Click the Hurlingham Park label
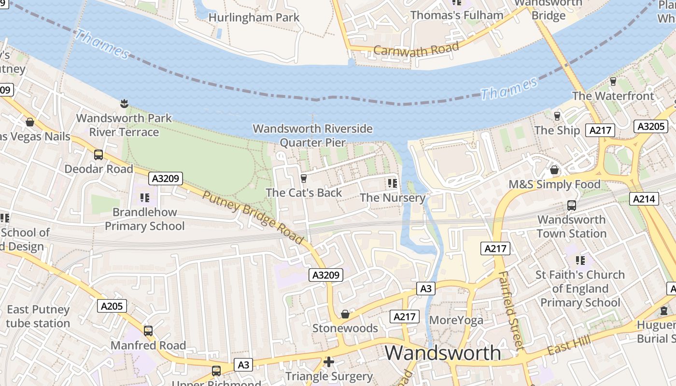[x=254, y=17]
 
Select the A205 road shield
[x=112, y=305]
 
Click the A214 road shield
[x=644, y=198]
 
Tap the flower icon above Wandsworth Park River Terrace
[x=124, y=103]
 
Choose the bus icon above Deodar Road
[x=99, y=154]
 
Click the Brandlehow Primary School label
[x=145, y=219]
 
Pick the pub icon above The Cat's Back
[x=304, y=179]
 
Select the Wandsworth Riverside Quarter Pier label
[x=313, y=136]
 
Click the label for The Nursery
[x=393, y=198]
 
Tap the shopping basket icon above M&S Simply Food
[x=554, y=170]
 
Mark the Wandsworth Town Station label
[x=572, y=226]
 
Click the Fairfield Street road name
[x=510, y=310]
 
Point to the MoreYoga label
[x=456, y=320]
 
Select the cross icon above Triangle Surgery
[x=329, y=362]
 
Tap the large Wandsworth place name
[x=443, y=353]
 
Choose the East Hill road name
[x=569, y=346]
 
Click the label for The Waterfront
[x=613, y=96]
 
